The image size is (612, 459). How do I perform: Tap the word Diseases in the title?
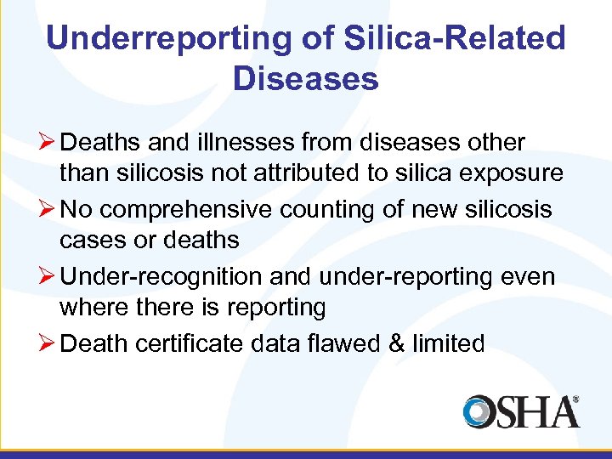click(x=305, y=79)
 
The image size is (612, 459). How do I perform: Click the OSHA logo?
click(x=520, y=411)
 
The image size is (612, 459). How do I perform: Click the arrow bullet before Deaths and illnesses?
click(x=47, y=143)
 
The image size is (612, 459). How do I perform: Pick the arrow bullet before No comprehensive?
click(x=47, y=210)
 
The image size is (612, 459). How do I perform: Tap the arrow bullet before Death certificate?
click(x=47, y=344)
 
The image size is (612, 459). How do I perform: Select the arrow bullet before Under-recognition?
click(x=47, y=277)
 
